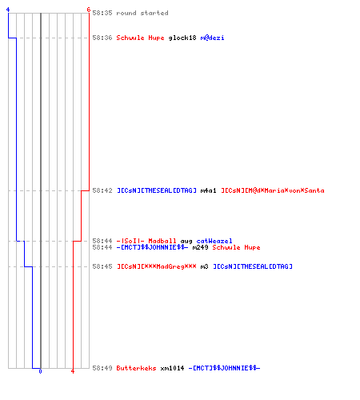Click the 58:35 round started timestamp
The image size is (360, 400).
tap(102, 13)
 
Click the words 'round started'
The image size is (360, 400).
tap(142, 13)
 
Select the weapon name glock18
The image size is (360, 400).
tap(182, 38)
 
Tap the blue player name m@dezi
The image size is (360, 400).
tap(212, 38)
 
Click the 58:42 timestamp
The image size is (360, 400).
tap(102, 190)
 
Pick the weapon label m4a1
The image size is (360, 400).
tap(208, 190)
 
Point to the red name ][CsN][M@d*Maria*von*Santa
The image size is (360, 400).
tap(273, 190)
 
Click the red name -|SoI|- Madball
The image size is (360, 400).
tap(146, 241)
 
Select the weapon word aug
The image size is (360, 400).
tap(186, 242)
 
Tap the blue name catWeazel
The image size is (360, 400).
tap(214, 241)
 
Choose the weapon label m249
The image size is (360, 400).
tap(200, 247)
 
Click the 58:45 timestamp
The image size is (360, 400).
tap(102, 266)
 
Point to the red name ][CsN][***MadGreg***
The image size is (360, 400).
tap(157, 266)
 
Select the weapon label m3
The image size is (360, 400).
tap(204, 266)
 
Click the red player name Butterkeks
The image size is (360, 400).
tap(136, 368)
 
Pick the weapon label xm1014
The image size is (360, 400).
tap(172, 368)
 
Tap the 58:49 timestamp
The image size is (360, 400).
tap(102, 368)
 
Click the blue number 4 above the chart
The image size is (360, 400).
tap(8, 10)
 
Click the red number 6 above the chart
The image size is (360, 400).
tap(89, 10)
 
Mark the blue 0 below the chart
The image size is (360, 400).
tap(40, 371)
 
